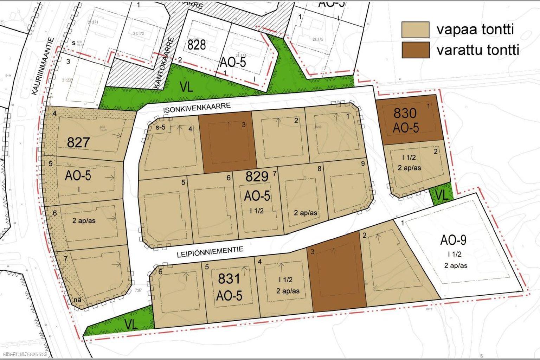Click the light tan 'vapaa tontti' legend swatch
[x=415, y=30]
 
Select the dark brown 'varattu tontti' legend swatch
[x=415, y=50]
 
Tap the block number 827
[x=78, y=142]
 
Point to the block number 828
[x=197, y=45]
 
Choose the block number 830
[x=405, y=113]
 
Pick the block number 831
[x=229, y=279]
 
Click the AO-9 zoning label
[x=454, y=240]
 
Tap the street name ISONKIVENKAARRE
[x=197, y=108]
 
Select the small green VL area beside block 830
[x=442, y=195]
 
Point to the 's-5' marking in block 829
[x=160, y=127]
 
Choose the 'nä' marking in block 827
[x=78, y=300]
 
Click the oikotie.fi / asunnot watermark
[x=25, y=354]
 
